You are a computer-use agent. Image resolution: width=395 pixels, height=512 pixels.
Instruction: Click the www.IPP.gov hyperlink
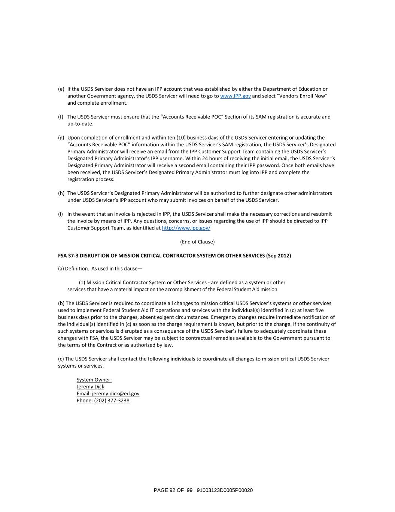[235, 96]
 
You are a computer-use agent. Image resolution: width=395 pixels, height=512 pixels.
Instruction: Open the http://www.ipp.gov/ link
[186, 228]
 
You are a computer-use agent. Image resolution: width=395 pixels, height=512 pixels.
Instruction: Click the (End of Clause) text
[197, 242]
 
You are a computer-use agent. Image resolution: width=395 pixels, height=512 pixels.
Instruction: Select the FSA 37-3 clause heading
[174, 256]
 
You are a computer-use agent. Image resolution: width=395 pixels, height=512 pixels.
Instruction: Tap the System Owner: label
[94, 380]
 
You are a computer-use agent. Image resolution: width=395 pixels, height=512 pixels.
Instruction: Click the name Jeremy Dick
[90, 387]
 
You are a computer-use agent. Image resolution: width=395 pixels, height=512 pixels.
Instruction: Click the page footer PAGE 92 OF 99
[173, 490]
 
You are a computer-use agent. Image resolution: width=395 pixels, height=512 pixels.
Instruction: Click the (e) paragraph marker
[61, 89]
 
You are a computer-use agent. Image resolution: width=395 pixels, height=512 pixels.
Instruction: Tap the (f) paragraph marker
[61, 117]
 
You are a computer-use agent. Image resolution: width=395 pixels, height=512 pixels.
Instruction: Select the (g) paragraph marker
[61, 138]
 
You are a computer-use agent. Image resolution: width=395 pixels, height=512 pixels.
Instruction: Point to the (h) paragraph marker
[61, 193]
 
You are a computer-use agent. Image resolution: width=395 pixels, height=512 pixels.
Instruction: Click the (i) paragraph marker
[60, 214]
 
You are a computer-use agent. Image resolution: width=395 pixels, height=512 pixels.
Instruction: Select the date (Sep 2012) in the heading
[278, 256]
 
